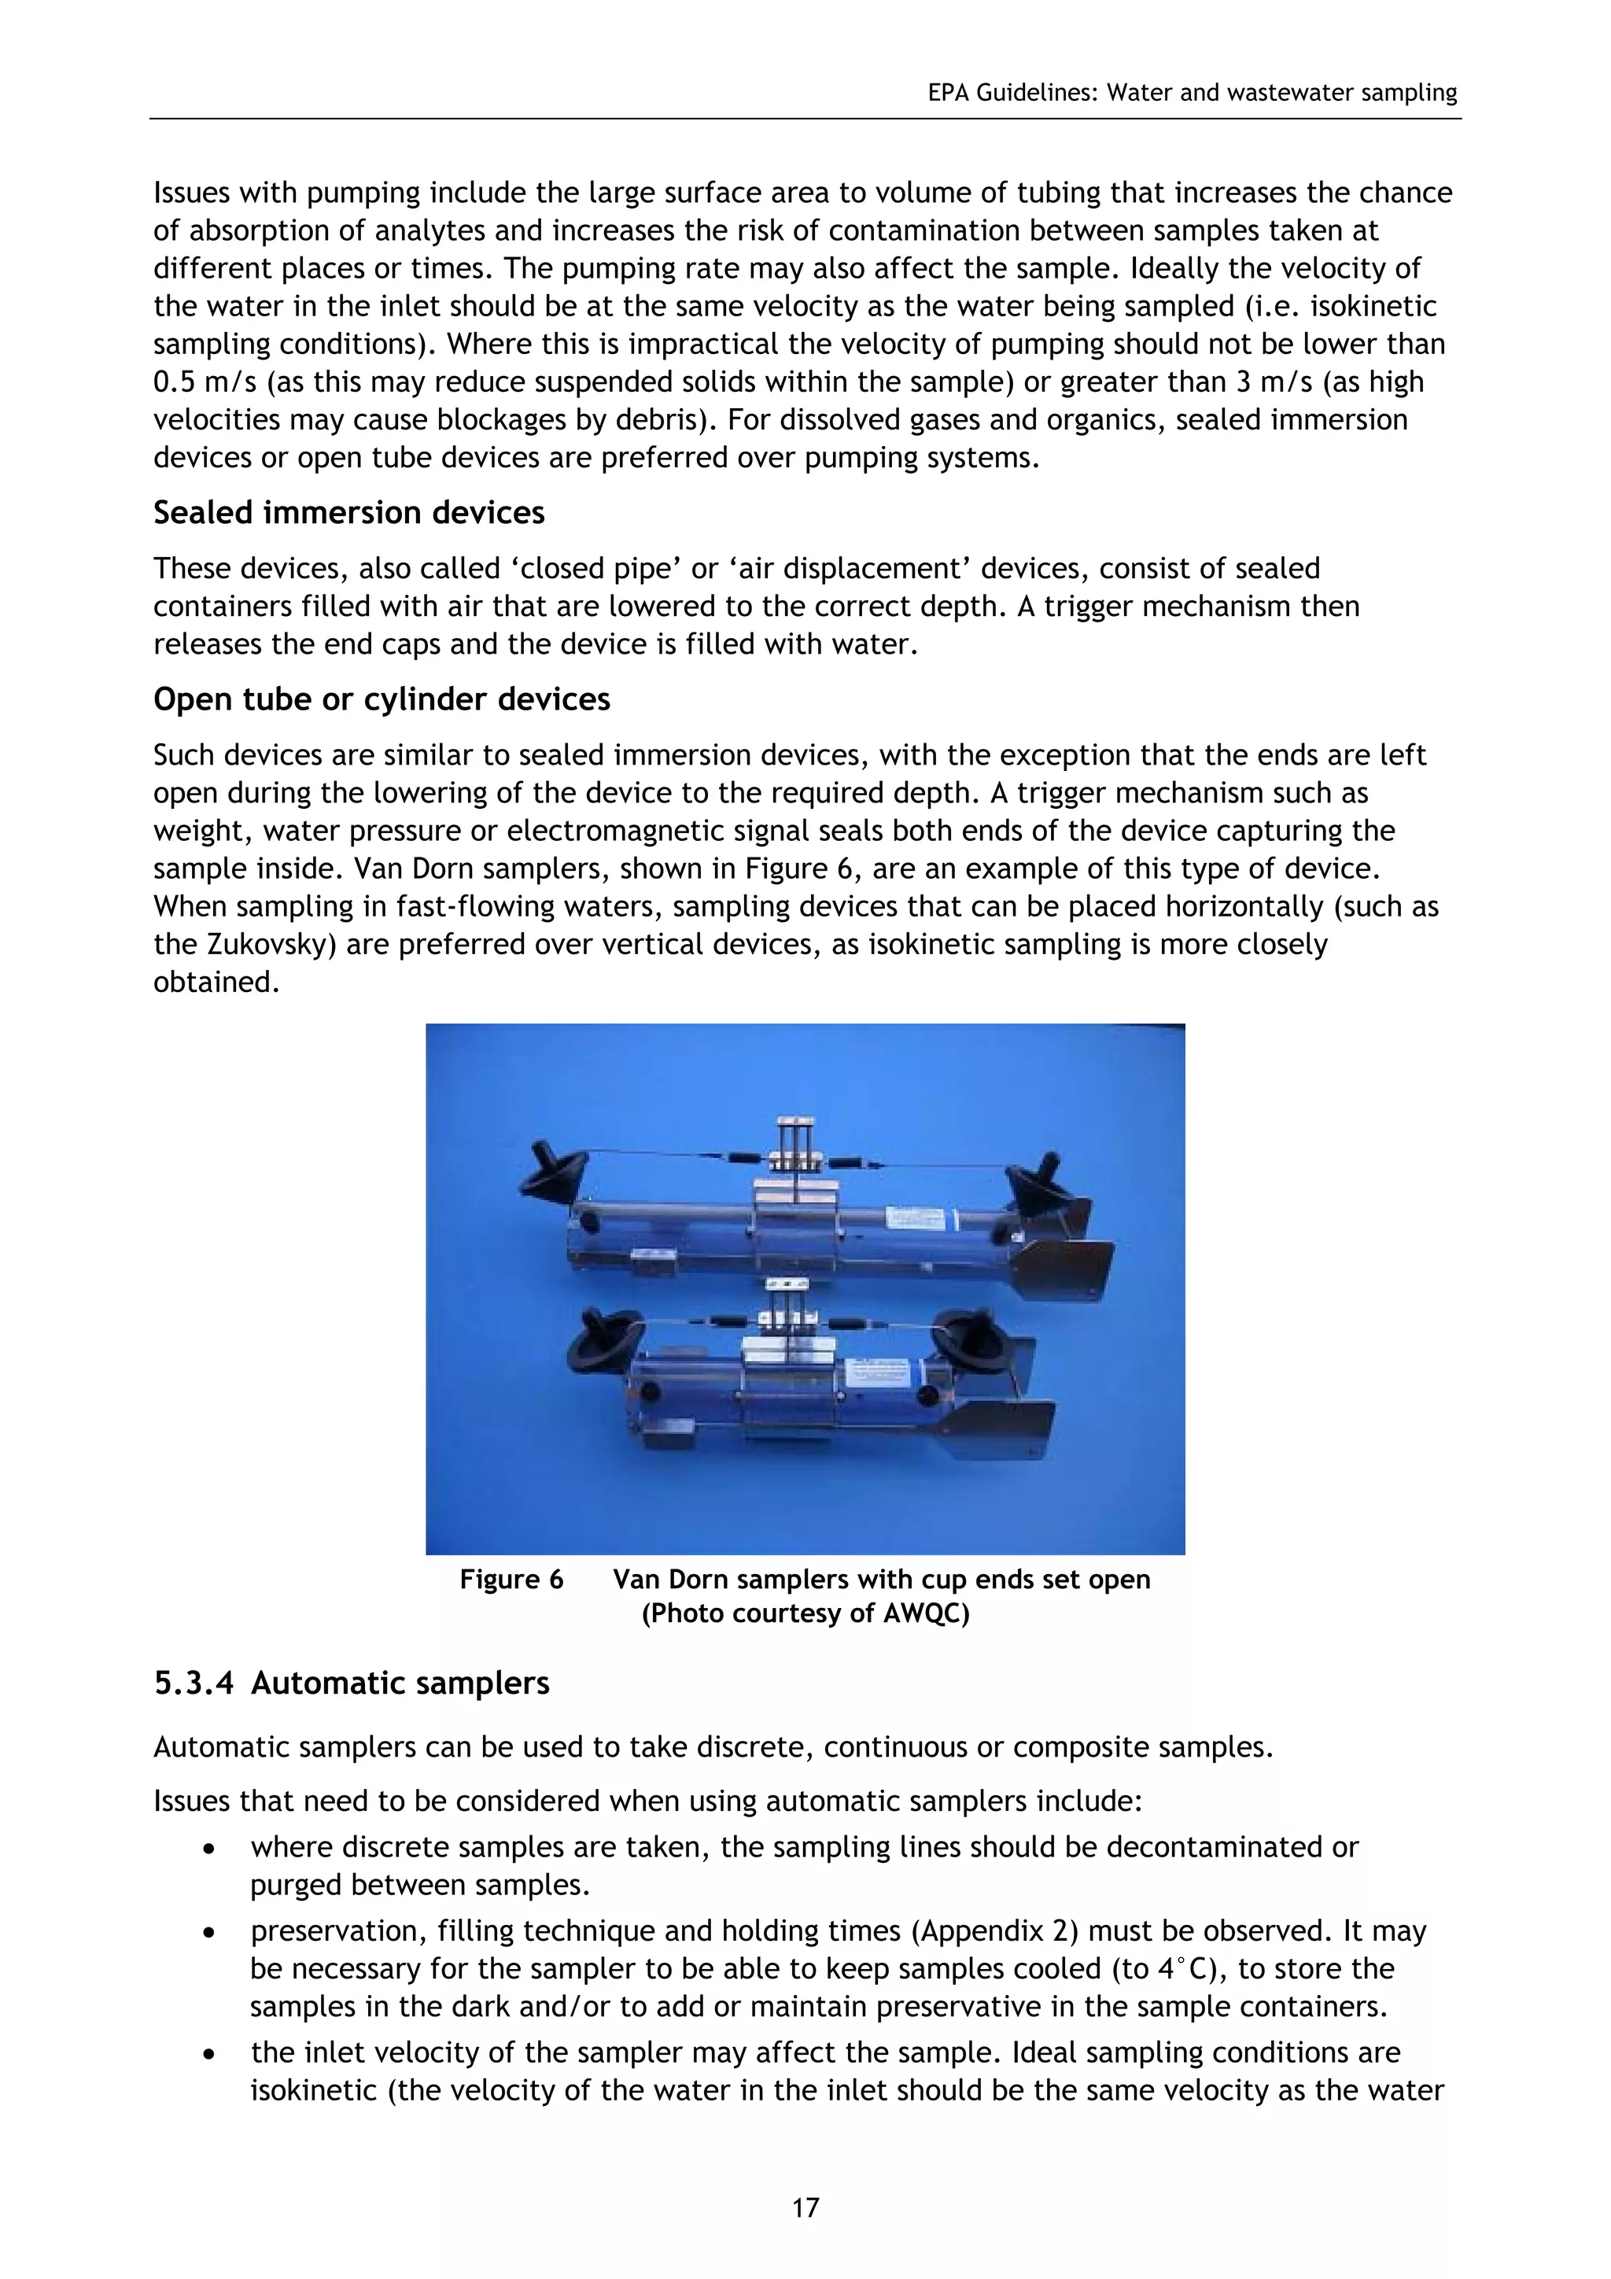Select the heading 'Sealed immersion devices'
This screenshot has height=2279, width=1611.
348,513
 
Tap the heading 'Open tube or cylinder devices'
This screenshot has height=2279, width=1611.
382,700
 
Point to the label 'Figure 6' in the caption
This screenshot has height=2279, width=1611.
511,1579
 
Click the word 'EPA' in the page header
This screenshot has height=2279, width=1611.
948,94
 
